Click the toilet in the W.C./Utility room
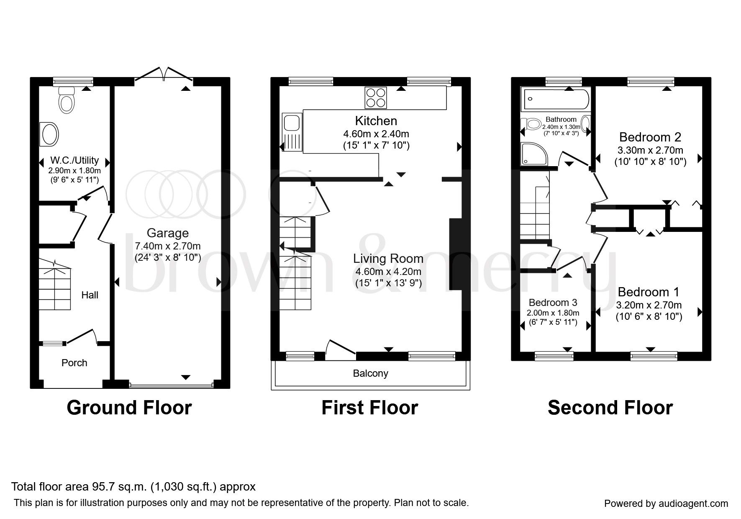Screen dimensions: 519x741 pos(66,100)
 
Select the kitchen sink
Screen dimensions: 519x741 pos(290,123)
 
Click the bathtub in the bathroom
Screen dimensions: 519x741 pos(555,99)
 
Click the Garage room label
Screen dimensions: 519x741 pos(167,233)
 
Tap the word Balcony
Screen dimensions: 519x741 pos(370,373)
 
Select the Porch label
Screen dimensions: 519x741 pos(74,363)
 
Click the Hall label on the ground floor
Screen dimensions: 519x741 pos(90,295)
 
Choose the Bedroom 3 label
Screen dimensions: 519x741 pos(553,302)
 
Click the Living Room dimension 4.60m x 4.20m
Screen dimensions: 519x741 pos(388,272)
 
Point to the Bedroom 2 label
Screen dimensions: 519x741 pos(650,137)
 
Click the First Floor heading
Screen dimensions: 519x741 pos(369,408)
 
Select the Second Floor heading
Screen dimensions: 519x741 pos(610,408)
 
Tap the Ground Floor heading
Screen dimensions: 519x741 pos(129,408)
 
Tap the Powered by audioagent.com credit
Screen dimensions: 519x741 pos(666,504)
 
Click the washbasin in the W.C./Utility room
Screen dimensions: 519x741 pos(49,134)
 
